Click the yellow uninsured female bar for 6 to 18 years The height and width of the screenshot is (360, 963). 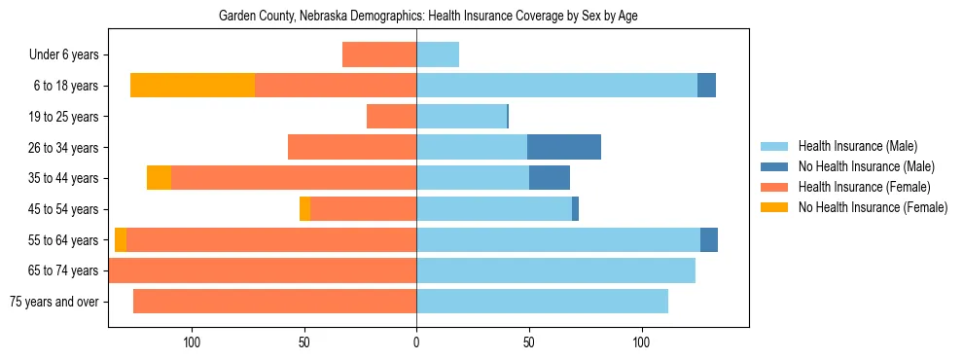pos(193,86)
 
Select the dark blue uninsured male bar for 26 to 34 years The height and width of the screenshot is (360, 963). pos(564,147)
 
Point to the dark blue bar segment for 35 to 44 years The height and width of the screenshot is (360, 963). pos(550,178)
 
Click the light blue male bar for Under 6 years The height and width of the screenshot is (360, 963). pos(438,54)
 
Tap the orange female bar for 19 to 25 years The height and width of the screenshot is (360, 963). pos(391,117)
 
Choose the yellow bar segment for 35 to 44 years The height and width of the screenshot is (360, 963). pos(159,178)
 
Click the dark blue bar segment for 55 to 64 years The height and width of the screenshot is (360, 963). pos(709,239)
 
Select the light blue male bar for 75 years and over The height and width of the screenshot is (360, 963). pos(542,302)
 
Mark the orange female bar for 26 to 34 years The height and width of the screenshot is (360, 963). pos(352,147)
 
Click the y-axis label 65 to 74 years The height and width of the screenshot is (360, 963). pos(64,270)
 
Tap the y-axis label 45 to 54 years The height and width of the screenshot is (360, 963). pos(64,209)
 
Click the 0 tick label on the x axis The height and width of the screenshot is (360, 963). pos(416,342)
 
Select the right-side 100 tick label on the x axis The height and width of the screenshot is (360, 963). pos(641,342)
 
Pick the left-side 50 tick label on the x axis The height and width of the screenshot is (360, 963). pos(304,342)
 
